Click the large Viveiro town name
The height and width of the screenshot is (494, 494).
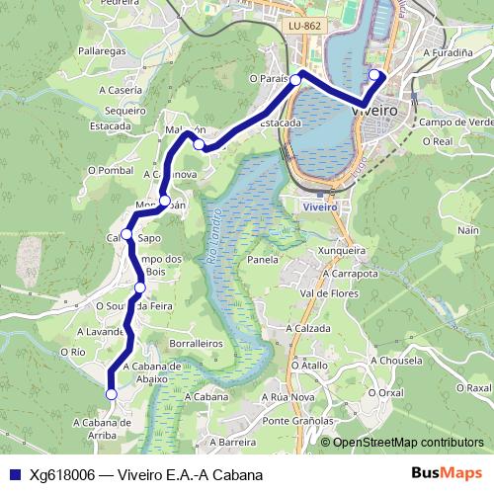pos(374,112)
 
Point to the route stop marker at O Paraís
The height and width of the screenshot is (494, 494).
pos(295,80)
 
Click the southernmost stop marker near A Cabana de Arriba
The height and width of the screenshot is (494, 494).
pos(111,393)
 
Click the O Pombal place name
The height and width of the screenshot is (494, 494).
pos(110,169)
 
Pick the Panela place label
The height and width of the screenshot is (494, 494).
pos(263,261)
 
